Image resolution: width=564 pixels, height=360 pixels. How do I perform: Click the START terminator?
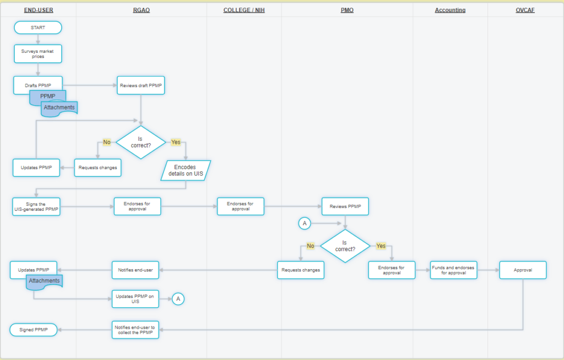(38, 28)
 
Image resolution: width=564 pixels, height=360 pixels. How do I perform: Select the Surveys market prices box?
(38, 53)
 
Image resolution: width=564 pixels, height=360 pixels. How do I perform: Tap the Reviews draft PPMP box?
(140, 85)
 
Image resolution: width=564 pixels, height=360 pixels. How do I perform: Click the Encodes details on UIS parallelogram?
(186, 171)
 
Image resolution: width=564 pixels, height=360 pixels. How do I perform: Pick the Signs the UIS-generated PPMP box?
(36, 206)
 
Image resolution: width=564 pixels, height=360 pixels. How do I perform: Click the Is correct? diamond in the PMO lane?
(345, 246)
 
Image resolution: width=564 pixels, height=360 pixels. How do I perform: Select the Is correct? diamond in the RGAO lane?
(140, 142)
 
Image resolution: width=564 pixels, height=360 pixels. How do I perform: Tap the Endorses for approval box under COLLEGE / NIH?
(240, 206)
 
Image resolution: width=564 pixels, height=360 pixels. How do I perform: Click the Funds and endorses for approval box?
(453, 270)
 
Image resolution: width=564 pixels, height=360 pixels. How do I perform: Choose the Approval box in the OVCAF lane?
(523, 270)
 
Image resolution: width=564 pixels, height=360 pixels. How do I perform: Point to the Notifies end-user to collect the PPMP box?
(135, 330)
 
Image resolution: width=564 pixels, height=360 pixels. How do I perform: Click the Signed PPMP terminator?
(34, 330)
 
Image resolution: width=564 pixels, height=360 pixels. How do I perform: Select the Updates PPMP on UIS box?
(135, 299)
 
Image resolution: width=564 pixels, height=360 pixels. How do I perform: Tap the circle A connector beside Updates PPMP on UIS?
(178, 299)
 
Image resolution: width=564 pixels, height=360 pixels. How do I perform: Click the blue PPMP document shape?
(47, 97)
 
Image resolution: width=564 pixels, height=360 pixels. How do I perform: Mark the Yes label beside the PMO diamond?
(381, 246)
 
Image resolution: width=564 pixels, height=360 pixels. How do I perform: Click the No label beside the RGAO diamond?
(107, 142)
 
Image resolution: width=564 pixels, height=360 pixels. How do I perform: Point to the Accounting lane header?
(450, 10)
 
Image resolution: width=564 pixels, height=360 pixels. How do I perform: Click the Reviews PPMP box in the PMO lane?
(345, 206)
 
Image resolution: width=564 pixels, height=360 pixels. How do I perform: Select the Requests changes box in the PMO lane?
(301, 270)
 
